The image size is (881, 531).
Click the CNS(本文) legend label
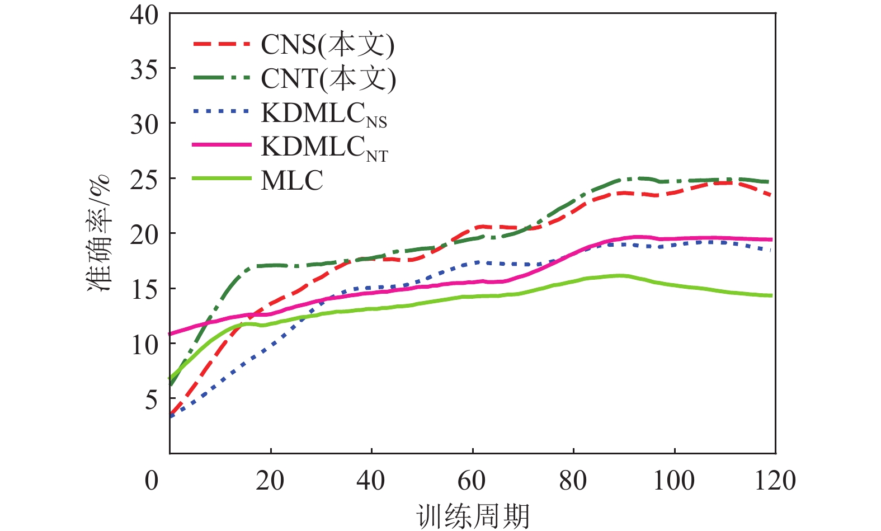point(327,45)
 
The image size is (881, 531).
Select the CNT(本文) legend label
point(328,78)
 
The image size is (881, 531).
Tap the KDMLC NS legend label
point(324,114)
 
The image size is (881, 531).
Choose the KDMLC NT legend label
point(324,148)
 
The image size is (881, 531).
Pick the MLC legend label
point(292,181)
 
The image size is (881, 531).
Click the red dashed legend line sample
point(222,43)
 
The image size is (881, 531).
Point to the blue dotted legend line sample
point(222,111)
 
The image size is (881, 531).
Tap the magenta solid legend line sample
point(222,145)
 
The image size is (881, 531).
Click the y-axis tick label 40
point(144,15)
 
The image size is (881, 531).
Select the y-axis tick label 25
point(144,180)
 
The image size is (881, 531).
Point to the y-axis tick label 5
point(151,400)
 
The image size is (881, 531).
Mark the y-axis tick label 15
point(144,289)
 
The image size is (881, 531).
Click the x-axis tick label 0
point(152,481)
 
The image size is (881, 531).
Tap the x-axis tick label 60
point(472,481)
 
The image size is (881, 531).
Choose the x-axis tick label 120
point(775,481)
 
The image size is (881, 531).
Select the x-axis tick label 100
point(674,481)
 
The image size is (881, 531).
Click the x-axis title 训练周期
point(473,516)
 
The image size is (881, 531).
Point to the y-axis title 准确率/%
point(100,233)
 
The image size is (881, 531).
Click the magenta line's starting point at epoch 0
point(170,334)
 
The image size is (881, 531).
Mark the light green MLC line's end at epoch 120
point(772,295)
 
